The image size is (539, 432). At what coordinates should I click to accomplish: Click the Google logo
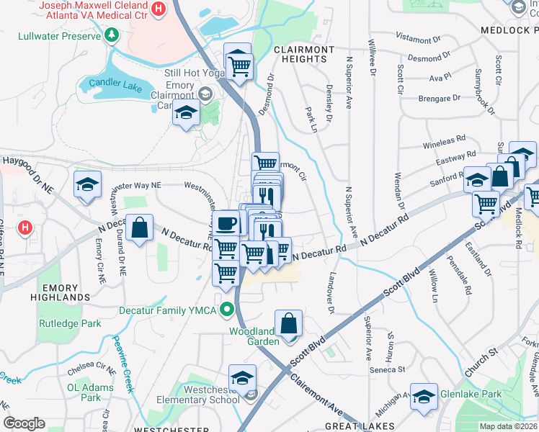point(24,423)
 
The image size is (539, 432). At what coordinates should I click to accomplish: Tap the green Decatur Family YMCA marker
point(228,311)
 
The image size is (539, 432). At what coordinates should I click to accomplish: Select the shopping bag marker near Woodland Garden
point(288,323)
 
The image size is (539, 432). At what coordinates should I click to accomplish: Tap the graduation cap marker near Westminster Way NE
point(87,184)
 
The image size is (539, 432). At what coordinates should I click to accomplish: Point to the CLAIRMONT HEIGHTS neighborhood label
point(304,54)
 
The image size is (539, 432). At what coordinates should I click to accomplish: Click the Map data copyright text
point(508,426)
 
